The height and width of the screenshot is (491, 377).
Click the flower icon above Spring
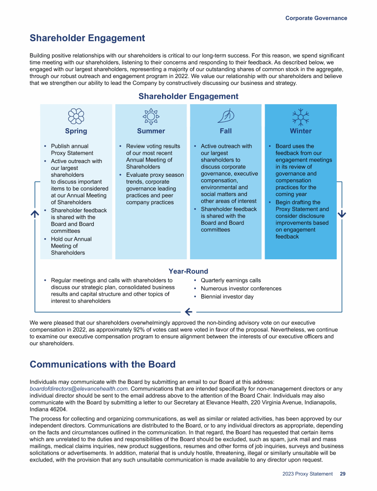coord(76,116)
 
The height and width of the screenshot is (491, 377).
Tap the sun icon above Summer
coord(151,116)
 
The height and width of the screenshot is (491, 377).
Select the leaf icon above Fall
coord(226,116)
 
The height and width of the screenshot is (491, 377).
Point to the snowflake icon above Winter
coord(300,116)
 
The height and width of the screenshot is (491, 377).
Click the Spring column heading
coord(76,131)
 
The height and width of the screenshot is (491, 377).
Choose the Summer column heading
coord(151,131)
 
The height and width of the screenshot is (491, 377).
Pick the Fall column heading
coord(226,131)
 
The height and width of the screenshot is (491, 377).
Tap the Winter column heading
coord(300,131)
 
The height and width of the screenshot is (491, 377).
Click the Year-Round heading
coord(188,271)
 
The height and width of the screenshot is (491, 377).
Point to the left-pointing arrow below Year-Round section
coord(188,311)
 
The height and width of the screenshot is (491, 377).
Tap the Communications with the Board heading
coord(102,364)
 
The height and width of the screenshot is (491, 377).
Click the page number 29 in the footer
coord(343,474)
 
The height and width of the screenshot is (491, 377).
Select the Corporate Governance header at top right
coord(316,18)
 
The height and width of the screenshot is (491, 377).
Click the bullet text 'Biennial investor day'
coord(227,297)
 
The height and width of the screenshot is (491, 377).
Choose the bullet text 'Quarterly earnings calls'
coord(231,281)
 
